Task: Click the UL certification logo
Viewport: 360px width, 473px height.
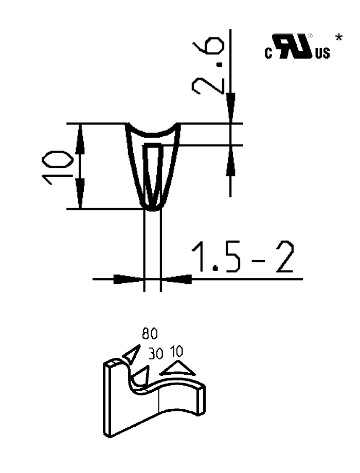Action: (295, 46)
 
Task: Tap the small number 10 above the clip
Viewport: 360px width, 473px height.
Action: (176, 352)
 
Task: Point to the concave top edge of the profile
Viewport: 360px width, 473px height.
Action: (153, 132)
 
